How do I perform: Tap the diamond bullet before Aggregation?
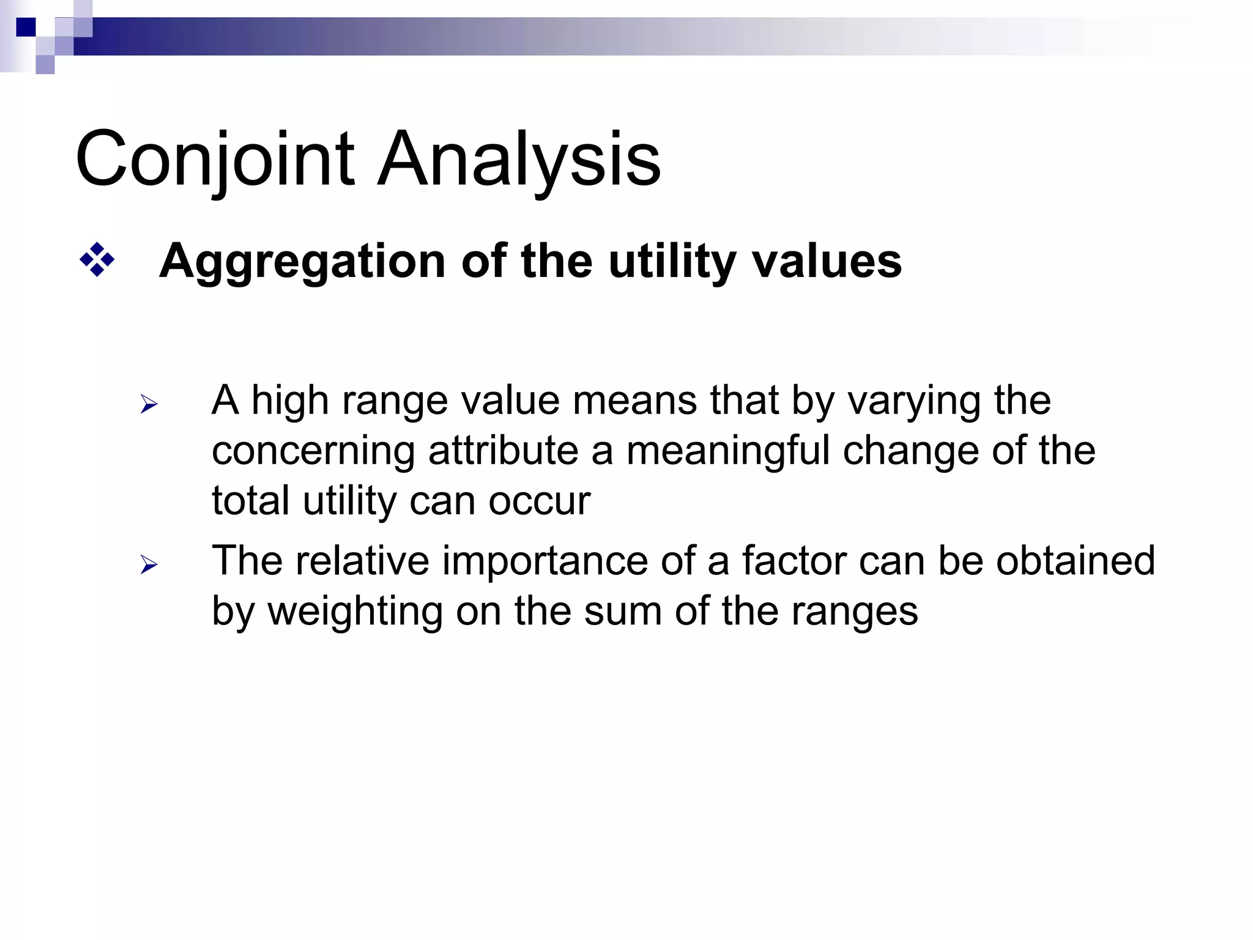pos(97,260)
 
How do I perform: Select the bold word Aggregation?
pos(302,262)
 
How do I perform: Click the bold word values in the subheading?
pos(827,262)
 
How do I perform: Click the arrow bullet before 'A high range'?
pos(149,404)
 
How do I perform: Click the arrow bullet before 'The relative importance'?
pos(149,564)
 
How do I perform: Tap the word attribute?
pos(503,451)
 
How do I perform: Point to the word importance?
pos(545,561)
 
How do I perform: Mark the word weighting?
pos(355,611)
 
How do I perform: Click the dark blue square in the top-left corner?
pos(26,28)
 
